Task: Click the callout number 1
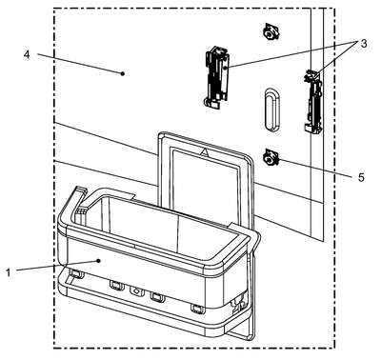tap(9, 272)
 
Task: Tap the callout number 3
tap(363, 43)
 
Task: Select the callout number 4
tap(27, 54)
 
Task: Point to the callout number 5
tap(361, 177)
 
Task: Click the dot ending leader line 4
tap(123, 73)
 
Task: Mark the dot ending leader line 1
tap(99, 261)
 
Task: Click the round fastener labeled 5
tap(271, 156)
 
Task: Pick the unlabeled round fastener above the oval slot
tap(271, 31)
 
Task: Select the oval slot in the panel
tap(272, 110)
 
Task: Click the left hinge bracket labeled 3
tap(216, 77)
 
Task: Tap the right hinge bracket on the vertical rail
tap(312, 102)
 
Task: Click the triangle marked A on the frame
tap(205, 152)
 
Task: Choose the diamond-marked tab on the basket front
tap(136, 290)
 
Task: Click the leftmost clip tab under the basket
tap(76, 272)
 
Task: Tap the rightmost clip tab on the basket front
tap(197, 309)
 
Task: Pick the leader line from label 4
tap(80, 64)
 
